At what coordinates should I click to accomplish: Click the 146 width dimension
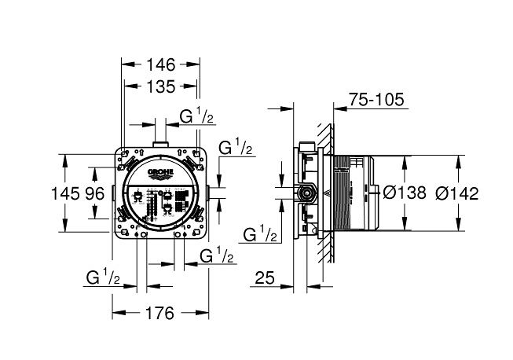coord(160,64)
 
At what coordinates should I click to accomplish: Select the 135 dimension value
coord(160,86)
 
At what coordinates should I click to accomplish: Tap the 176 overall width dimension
coord(159,314)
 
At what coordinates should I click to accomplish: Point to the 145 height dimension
coord(66,193)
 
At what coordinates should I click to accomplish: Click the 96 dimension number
coord(95,193)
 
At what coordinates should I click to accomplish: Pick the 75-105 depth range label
coord(376,99)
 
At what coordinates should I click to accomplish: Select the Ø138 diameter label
coord(405,193)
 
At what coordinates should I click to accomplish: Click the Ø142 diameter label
coord(457,193)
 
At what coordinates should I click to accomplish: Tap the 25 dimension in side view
coord(265,277)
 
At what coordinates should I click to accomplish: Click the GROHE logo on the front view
coord(160,174)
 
